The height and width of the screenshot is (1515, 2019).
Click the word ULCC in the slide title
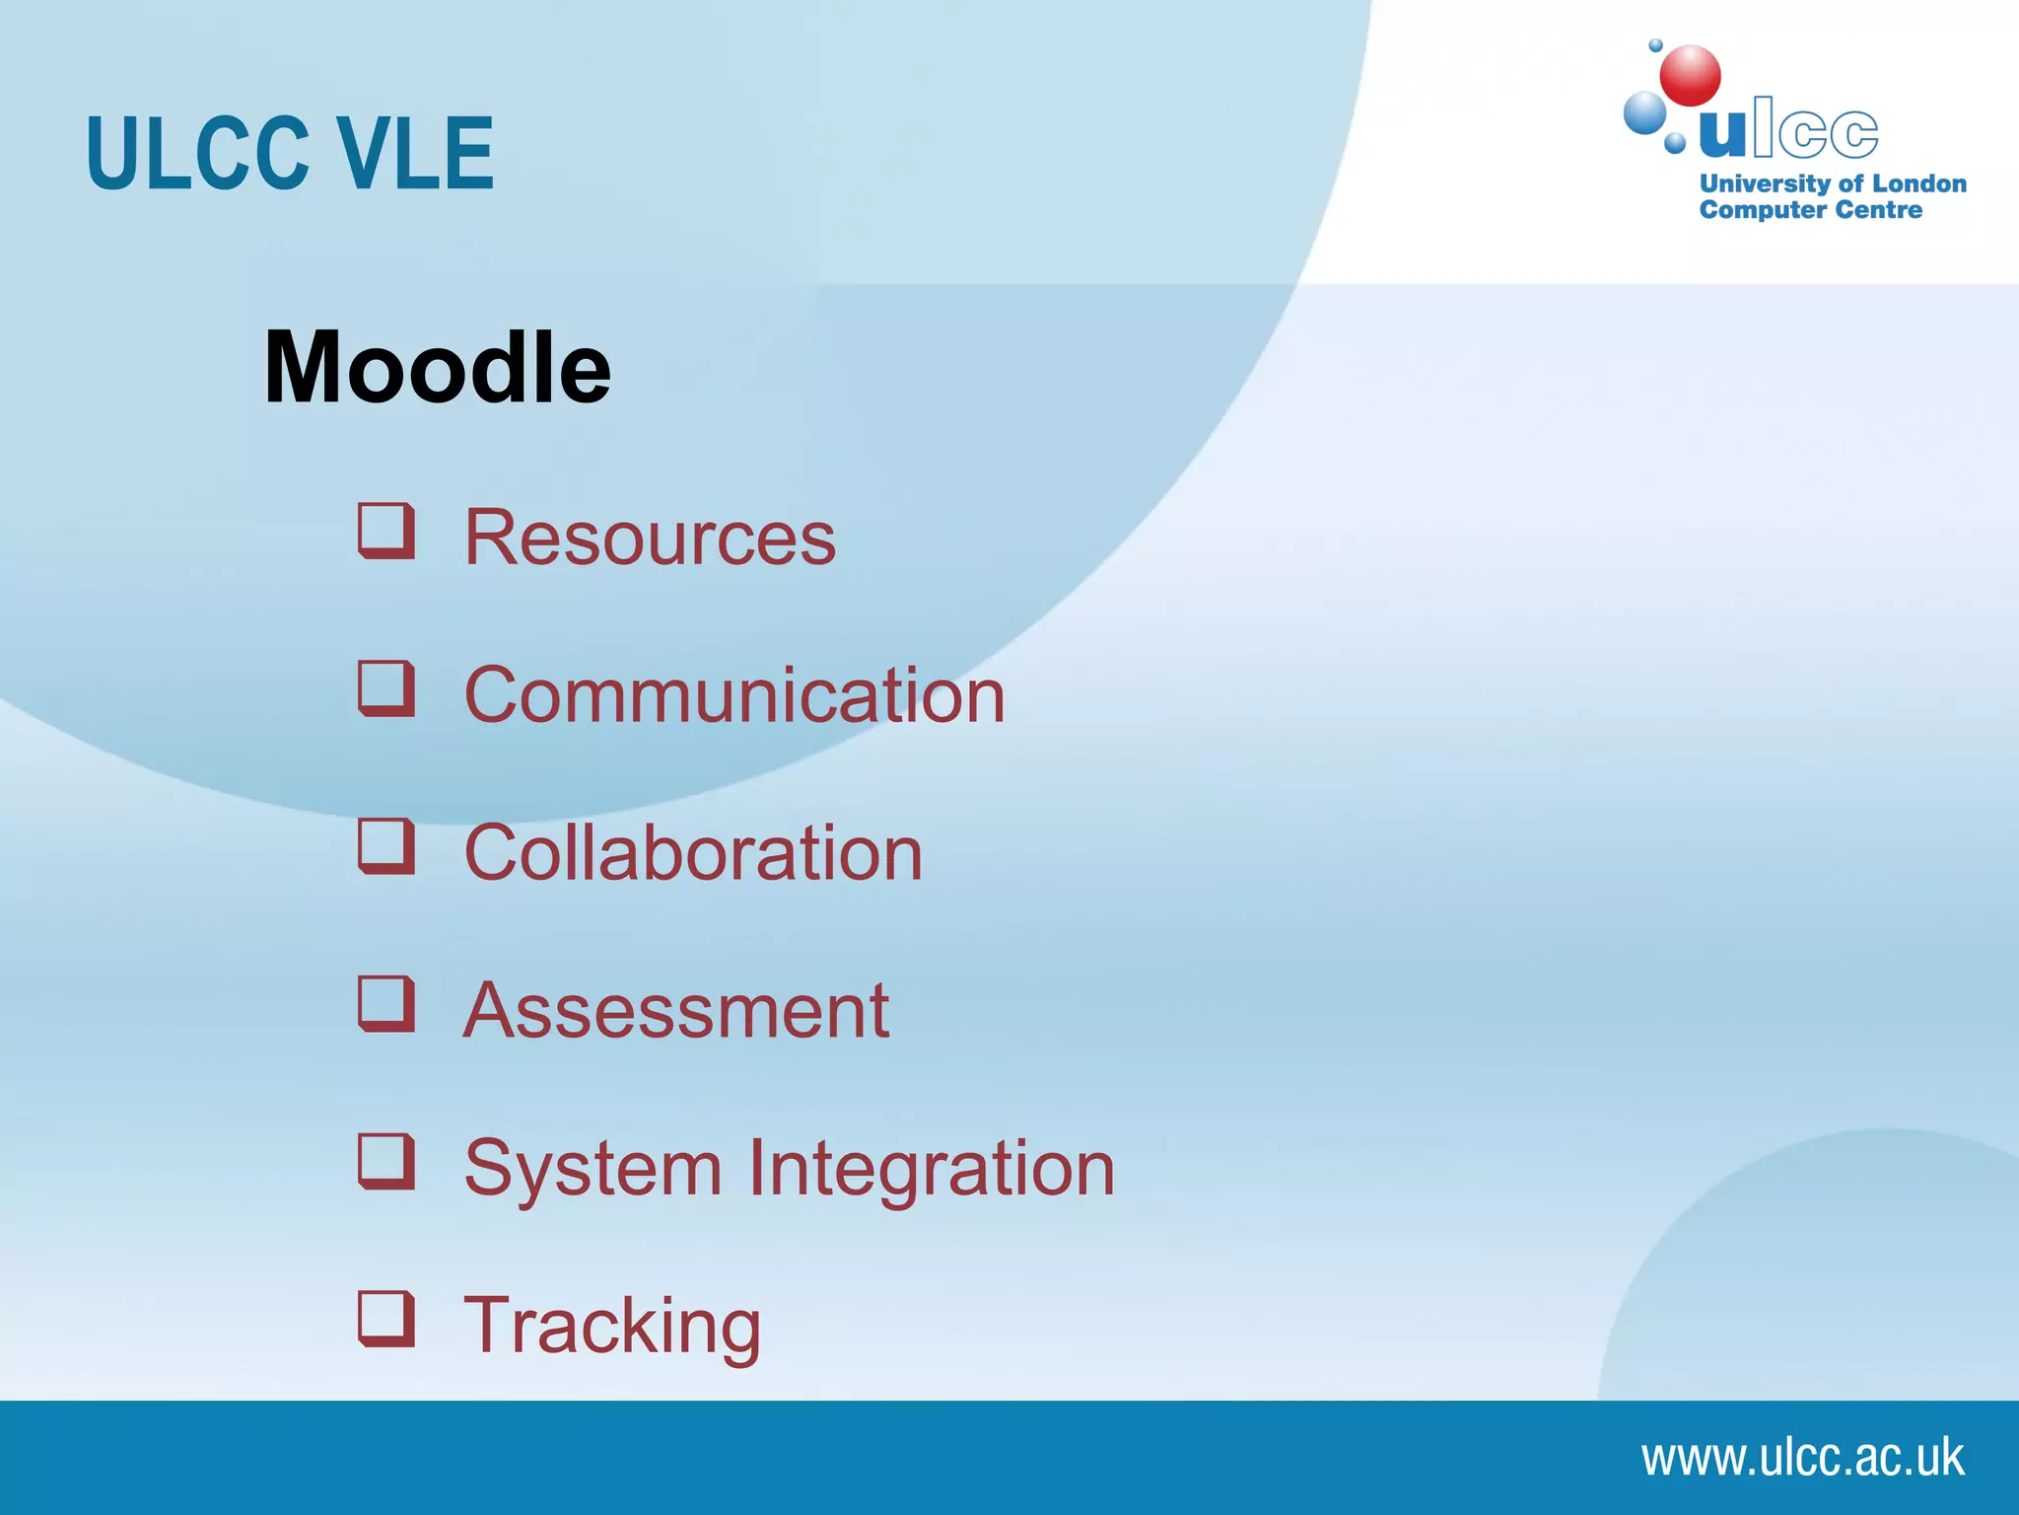197,154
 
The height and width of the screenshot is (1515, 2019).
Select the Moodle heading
437,367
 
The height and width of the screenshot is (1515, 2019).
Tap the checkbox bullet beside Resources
385,531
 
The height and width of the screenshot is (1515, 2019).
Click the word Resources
650,539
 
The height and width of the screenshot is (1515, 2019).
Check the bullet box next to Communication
385,687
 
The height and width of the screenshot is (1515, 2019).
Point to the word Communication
734,695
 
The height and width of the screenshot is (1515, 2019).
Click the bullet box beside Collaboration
385,845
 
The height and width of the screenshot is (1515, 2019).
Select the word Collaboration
693,853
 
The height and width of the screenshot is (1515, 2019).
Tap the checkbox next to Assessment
385,1003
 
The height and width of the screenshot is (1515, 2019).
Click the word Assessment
676,1011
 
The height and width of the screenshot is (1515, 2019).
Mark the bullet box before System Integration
385,1160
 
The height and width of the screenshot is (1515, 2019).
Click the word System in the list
593,1170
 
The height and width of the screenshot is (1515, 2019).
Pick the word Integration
932,1170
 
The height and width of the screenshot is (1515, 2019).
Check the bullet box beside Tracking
385,1318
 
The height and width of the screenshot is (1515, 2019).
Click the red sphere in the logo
1690,76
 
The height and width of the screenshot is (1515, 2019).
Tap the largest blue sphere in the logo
1644,112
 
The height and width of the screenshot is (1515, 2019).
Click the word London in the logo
1918,183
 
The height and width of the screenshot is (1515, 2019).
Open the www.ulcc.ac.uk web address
1802,1458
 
